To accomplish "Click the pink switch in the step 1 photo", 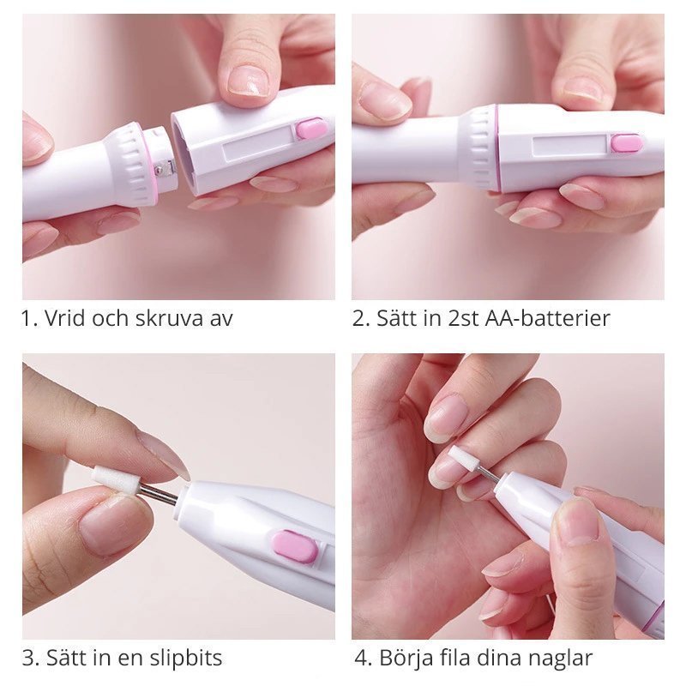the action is pos(312,128).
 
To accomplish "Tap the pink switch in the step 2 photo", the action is pos(627,143).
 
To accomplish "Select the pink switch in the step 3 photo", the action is pos(295,546).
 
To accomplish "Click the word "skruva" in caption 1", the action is pos(170,318).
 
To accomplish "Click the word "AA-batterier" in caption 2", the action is pos(547,318).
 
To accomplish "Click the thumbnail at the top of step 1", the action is pos(249,80).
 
